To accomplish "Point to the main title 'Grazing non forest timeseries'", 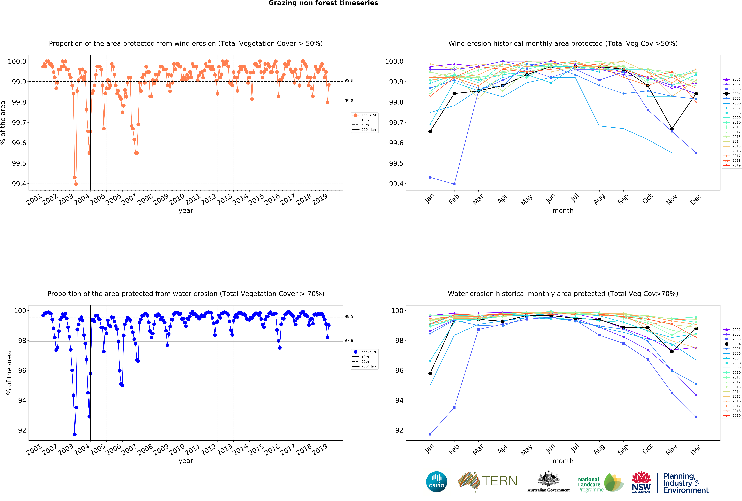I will tap(323, 3).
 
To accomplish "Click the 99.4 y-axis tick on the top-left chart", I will tap(19, 184).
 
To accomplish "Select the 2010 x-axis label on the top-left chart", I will tap(177, 199).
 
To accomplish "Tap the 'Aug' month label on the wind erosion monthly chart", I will tap(599, 199).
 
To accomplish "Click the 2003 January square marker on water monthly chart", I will tap(430, 434).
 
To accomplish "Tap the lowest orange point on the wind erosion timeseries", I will tap(76, 184).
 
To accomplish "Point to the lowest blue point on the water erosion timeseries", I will tap(75, 434).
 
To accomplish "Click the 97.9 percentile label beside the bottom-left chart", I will tap(349, 341).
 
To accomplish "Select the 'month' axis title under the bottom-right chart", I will tap(563, 461).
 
